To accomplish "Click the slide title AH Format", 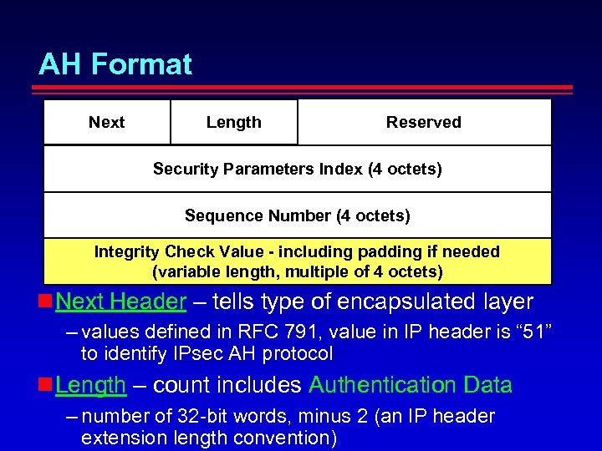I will pyautogui.click(x=115, y=64).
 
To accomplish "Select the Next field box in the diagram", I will pyautogui.click(x=107, y=122).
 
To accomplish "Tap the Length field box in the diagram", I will pyautogui.click(x=234, y=122).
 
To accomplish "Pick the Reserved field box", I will pyautogui.click(x=424, y=122).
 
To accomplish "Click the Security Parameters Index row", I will pyautogui.click(x=298, y=169).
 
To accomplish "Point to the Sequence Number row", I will pyautogui.click(x=298, y=215).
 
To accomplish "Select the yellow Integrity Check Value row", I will pyautogui.click(x=298, y=261).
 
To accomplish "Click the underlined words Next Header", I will pyautogui.click(x=120, y=302).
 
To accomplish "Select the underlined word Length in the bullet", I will pyautogui.click(x=90, y=385).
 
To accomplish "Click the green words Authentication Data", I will pyautogui.click(x=411, y=385).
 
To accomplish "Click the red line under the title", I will pyautogui.click(x=306, y=88).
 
